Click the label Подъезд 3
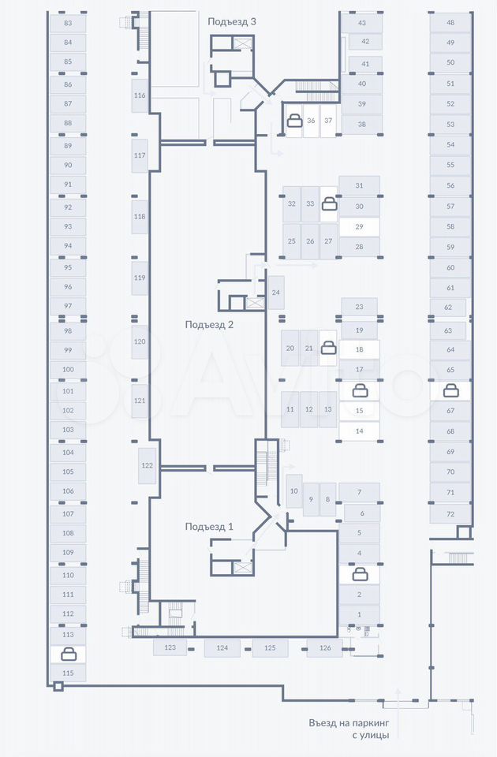click(x=232, y=21)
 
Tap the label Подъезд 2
click(x=209, y=324)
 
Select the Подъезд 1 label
click(x=209, y=527)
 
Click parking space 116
click(x=140, y=95)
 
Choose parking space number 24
click(x=276, y=293)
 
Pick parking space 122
click(x=147, y=465)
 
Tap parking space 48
click(x=450, y=23)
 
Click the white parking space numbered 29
click(x=359, y=226)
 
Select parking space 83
click(x=68, y=24)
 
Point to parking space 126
click(x=325, y=648)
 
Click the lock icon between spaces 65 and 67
click(x=450, y=390)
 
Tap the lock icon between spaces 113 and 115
click(x=69, y=654)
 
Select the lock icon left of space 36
click(x=293, y=121)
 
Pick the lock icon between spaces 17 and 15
click(x=359, y=390)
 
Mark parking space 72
click(x=450, y=514)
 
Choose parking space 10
click(x=293, y=491)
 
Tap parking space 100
click(x=68, y=369)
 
